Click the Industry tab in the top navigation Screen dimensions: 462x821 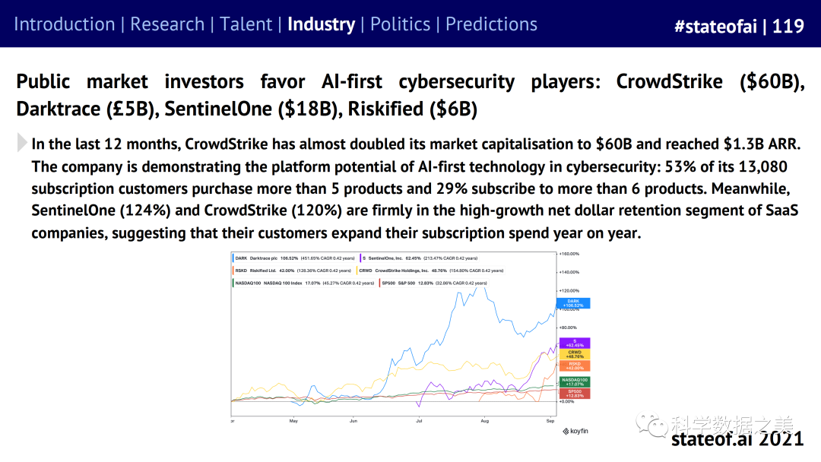tap(321, 24)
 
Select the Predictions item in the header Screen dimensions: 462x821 tap(491, 24)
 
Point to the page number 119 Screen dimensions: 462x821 tap(788, 26)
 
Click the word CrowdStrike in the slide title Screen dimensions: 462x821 tap(669, 81)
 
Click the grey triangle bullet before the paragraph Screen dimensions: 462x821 tap(21, 143)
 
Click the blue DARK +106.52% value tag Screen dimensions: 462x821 tap(574, 303)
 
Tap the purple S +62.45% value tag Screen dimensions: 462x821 tap(574, 343)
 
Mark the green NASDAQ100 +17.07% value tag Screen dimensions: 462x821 tap(574, 381)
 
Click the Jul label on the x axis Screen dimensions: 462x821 tap(419, 420)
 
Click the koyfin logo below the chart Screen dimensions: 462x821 tap(575, 431)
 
